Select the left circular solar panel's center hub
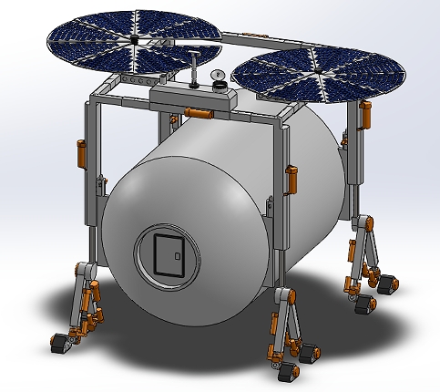(x=133, y=41)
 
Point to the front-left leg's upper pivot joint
(x=84, y=271)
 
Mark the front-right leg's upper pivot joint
(x=283, y=299)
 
